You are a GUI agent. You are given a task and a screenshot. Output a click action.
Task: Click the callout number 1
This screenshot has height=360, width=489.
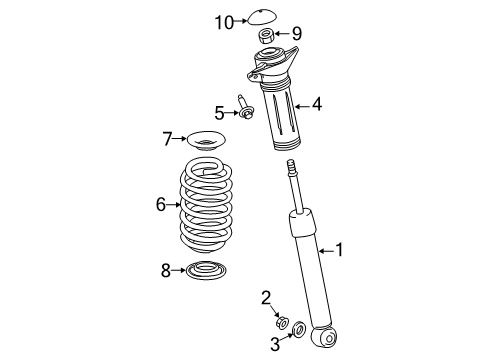(x=338, y=250)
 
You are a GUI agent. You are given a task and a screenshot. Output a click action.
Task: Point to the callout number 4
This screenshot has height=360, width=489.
(x=316, y=102)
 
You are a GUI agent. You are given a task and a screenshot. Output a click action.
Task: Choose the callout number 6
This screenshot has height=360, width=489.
(x=160, y=205)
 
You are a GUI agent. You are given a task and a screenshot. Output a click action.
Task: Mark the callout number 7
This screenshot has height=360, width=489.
(x=168, y=139)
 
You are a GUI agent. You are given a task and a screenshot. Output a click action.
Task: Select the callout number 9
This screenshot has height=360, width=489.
(x=296, y=33)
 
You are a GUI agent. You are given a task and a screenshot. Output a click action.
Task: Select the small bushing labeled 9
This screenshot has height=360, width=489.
(x=268, y=38)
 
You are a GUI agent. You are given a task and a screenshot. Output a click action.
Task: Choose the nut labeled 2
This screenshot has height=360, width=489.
(x=284, y=321)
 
